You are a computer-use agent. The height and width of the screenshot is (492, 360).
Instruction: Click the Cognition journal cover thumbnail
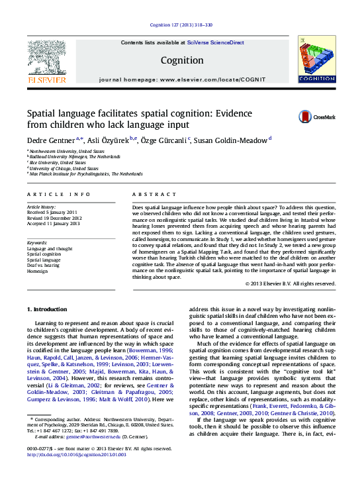click(x=316, y=60)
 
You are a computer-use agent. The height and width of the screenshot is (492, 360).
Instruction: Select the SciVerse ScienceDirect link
click(x=215, y=42)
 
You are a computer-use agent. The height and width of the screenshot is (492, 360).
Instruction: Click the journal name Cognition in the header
click(x=182, y=60)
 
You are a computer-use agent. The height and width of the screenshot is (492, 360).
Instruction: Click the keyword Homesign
click(x=38, y=271)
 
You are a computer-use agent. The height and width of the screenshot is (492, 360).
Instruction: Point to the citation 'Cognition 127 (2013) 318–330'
click(x=181, y=25)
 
